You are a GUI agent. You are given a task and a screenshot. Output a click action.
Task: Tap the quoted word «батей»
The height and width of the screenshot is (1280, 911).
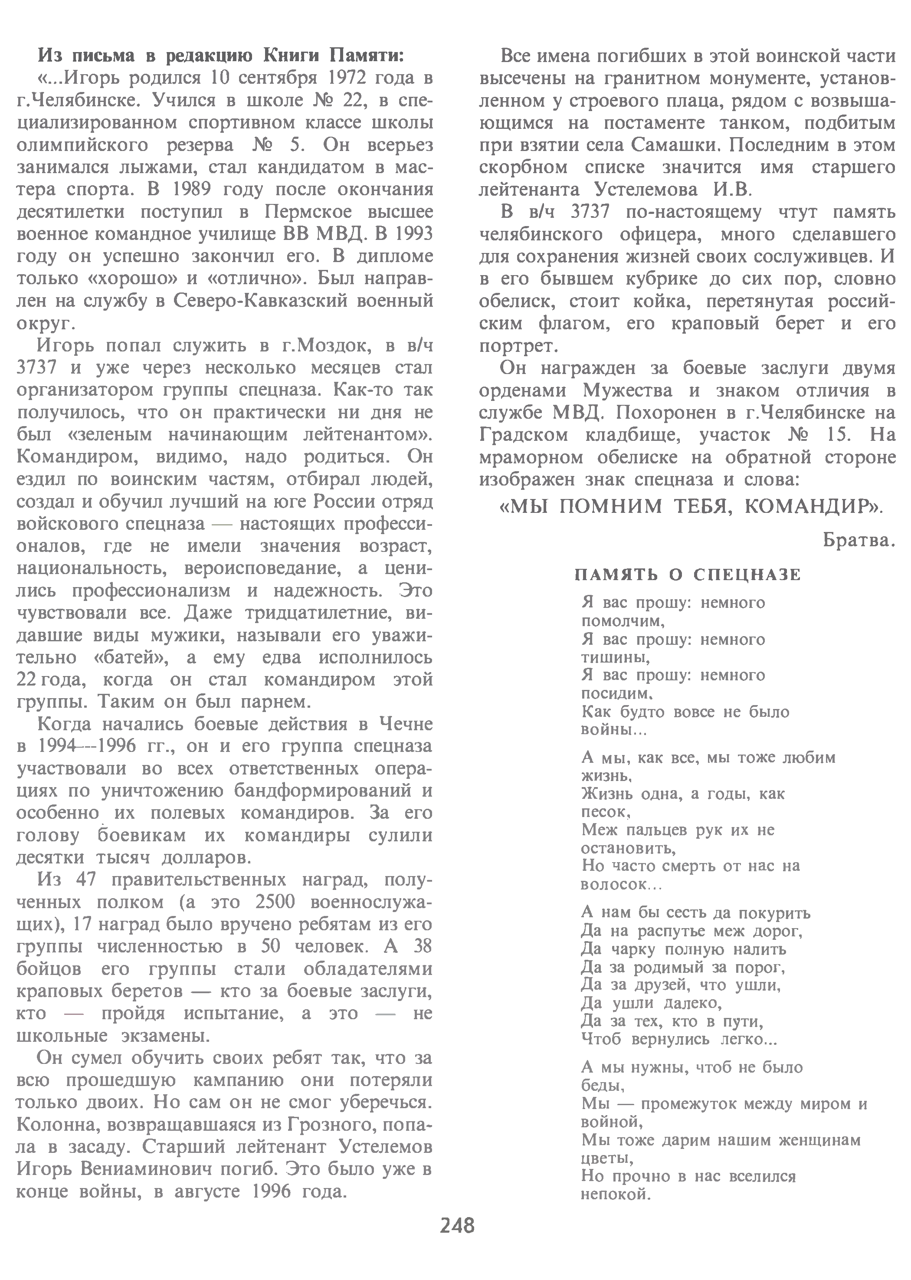click(132, 657)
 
